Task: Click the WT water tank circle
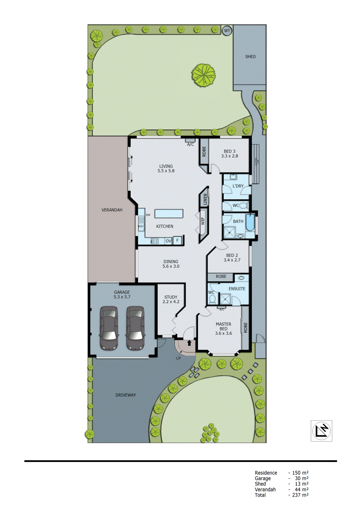click(x=227, y=31)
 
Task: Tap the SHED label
click(x=250, y=57)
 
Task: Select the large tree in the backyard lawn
click(x=203, y=75)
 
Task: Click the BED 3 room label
click(x=229, y=151)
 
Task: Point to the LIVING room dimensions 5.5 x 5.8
click(x=166, y=171)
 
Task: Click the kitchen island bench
click(x=169, y=213)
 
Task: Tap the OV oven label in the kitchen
click(x=168, y=241)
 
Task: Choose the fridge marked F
click(x=178, y=241)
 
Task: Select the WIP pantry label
click(x=203, y=221)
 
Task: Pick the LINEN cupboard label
click(x=205, y=199)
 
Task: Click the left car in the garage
click(x=109, y=328)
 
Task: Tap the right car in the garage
click(x=136, y=328)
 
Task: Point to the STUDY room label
click(x=171, y=297)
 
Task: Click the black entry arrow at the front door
click(x=189, y=343)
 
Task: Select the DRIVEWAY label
click(x=125, y=395)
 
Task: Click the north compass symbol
click(x=321, y=431)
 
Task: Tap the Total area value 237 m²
click(x=300, y=495)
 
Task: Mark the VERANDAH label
click(x=112, y=210)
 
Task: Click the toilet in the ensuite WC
click(x=212, y=299)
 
